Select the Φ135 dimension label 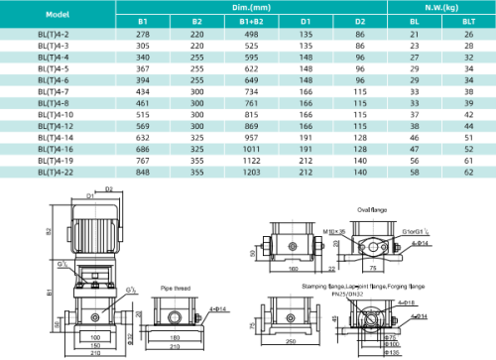[394, 352]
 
